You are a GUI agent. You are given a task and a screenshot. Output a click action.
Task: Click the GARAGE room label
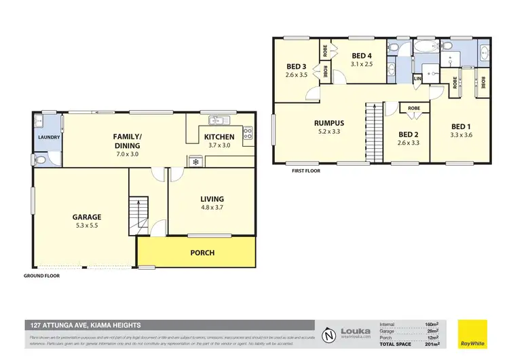tap(87, 217)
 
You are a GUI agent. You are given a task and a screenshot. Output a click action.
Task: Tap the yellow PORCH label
tap(202, 253)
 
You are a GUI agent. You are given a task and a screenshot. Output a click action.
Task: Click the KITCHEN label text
tap(219, 137)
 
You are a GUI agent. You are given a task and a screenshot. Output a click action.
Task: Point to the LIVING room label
tap(212, 199)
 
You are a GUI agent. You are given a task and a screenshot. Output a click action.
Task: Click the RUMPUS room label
tap(329, 123)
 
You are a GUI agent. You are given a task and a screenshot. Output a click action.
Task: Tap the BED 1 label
tap(460, 126)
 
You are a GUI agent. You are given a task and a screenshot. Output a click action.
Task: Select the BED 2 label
tap(407, 134)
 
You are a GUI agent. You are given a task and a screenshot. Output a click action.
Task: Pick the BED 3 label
tap(297, 66)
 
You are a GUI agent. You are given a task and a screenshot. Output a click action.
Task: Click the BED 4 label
tap(361, 55)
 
